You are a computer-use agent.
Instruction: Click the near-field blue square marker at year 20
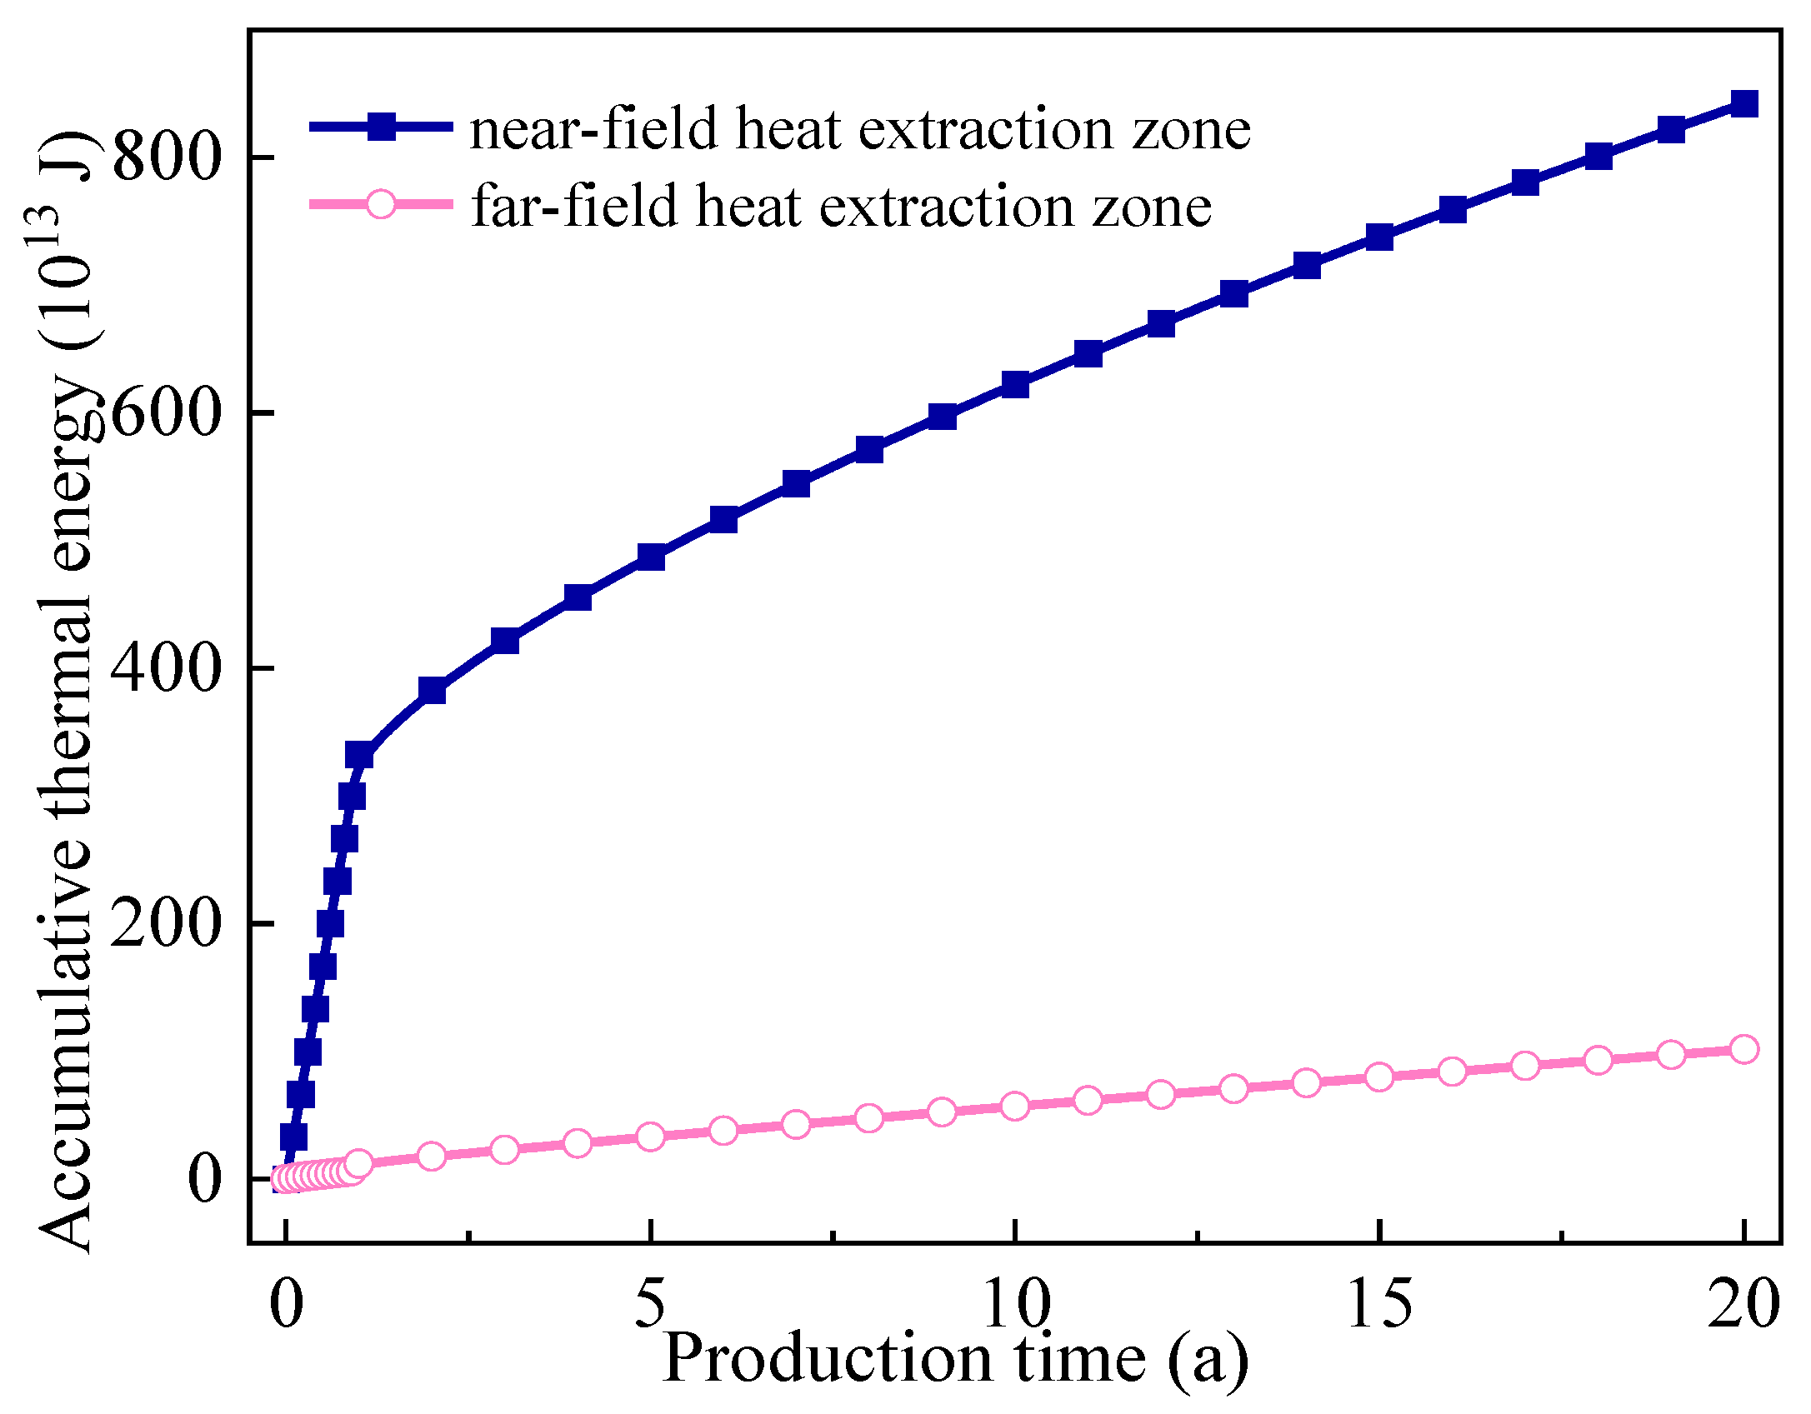[1744, 104]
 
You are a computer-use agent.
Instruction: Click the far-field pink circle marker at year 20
[1744, 1049]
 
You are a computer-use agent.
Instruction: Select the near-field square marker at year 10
[1015, 385]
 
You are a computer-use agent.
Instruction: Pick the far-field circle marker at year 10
[1015, 1107]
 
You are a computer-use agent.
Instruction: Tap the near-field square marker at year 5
[650, 557]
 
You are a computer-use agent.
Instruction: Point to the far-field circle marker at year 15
[1379, 1077]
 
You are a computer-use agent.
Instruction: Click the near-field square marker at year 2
[432, 691]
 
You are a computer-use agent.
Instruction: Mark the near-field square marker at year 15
[1379, 237]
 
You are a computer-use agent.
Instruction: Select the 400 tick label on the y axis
[165, 667]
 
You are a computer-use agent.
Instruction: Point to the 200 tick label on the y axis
[165, 923]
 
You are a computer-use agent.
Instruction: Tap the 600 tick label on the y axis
[165, 412]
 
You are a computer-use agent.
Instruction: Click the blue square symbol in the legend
[381, 127]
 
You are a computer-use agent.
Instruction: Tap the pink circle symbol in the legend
[381, 204]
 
